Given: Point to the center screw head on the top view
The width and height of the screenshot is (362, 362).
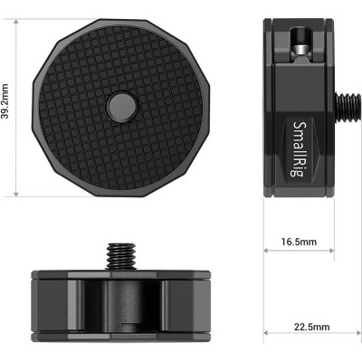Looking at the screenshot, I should click(x=119, y=105).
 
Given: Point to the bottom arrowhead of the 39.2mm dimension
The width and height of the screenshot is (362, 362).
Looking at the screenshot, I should click(x=17, y=193).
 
